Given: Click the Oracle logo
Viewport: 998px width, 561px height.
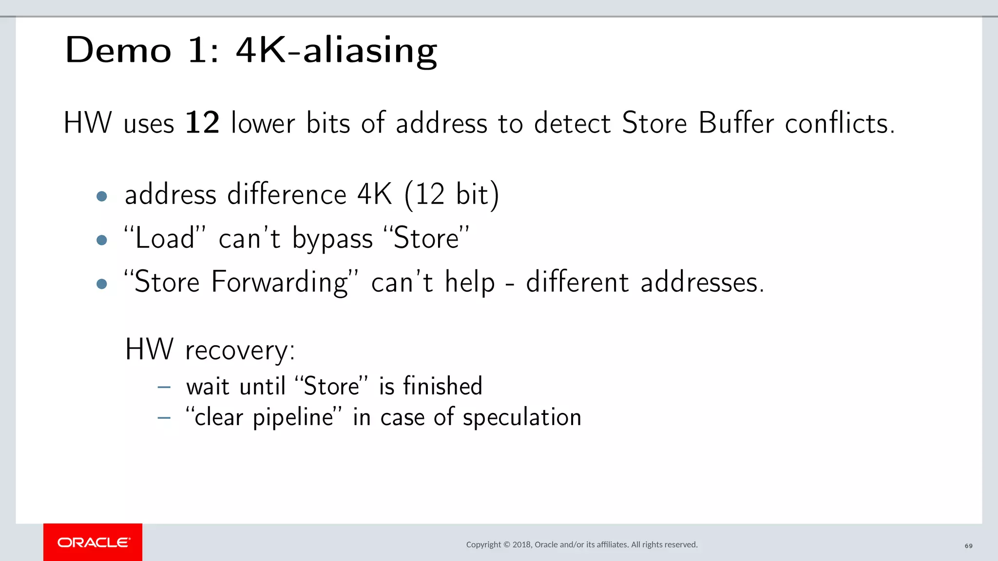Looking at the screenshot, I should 93,542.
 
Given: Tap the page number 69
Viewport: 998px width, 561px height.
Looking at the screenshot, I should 968,546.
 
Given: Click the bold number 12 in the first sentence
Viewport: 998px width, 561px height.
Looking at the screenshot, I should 202,122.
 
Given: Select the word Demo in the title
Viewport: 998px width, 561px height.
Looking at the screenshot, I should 118,50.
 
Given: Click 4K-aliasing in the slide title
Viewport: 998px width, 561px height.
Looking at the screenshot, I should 336,51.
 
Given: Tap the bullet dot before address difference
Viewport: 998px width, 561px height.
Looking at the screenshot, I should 102,196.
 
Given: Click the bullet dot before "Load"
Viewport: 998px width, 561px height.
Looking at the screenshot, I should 102,240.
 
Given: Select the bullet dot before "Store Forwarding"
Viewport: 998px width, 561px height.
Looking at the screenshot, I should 102,284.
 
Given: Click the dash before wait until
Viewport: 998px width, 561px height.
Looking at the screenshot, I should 164,388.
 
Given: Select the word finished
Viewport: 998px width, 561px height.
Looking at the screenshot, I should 442,386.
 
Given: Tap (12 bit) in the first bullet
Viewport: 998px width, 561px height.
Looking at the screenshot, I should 452,195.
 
